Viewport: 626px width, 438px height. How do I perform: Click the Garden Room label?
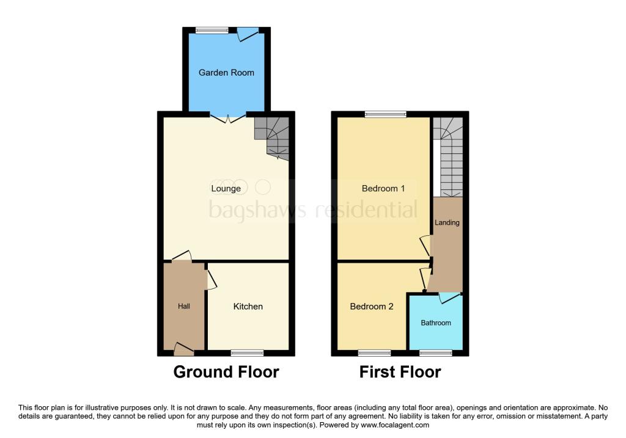(226, 73)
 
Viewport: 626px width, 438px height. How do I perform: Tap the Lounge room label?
(226, 188)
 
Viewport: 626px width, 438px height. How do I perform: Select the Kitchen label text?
(248, 306)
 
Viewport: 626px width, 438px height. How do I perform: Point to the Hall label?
(184, 306)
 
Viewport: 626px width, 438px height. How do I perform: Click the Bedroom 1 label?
(383, 188)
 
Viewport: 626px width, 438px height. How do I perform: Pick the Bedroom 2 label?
(371, 306)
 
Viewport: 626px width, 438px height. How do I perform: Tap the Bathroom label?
(435, 323)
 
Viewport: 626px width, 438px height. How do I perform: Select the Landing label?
(447, 222)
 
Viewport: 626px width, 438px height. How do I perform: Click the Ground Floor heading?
(226, 371)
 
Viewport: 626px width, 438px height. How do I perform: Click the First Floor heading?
(400, 371)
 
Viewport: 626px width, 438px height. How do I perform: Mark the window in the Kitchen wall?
(248, 352)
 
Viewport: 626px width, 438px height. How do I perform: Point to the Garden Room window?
(212, 29)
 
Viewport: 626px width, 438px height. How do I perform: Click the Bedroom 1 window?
(385, 114)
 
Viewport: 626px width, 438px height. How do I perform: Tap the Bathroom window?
(436, 352)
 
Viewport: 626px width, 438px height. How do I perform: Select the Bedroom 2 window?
(374, 352)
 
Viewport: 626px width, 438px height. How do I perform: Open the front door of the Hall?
(183, 350)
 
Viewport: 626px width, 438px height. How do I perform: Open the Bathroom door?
(450, 297)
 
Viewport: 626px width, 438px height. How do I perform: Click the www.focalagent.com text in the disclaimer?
(394, 425)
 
